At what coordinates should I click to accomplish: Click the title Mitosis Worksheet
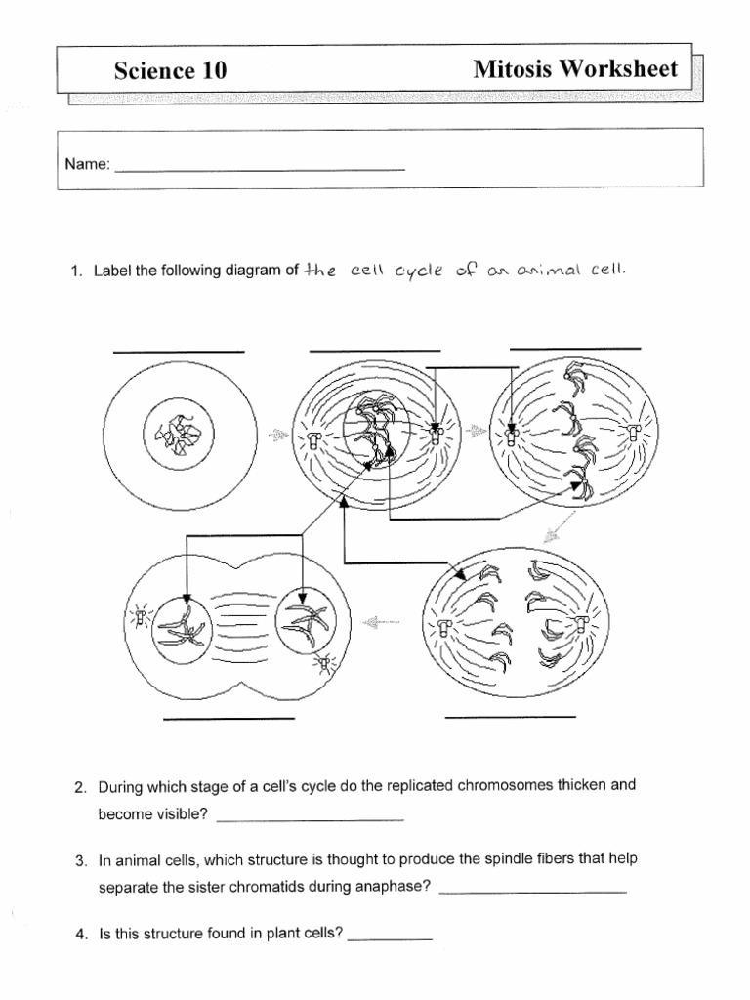coord(575,68)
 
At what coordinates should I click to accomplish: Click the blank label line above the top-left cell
coord(179,351)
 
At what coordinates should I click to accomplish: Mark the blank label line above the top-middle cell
coord(375,350)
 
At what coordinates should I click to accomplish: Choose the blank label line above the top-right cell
coord(575,348)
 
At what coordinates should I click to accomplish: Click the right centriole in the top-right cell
coord(638,435)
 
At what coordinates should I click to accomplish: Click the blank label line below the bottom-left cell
coord(229,719)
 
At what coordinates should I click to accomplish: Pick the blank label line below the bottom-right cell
coord(510,717)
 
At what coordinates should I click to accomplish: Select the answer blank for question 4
coord(390,938)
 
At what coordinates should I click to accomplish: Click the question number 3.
coord(82,861)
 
